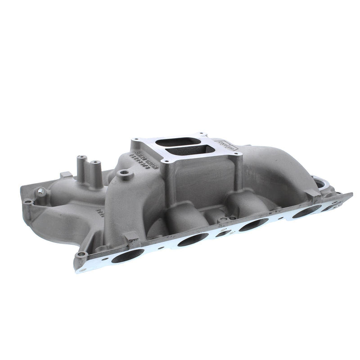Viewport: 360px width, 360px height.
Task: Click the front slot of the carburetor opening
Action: [185, 150]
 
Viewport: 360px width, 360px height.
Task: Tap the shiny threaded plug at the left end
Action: [41, 191]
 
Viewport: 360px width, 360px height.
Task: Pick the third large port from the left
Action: [253, 225]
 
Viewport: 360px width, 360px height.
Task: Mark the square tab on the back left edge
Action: [63, 174]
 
